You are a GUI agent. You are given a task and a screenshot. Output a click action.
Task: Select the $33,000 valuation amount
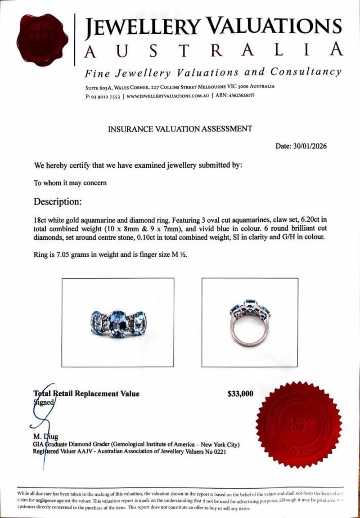(x=240, y=394)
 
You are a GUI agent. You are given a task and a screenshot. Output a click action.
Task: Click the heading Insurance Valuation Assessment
(x=180, y=129)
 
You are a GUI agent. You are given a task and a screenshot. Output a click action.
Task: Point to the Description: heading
(x=58, y=202)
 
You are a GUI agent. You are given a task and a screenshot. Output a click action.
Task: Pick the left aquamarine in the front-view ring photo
(x=97, y=322)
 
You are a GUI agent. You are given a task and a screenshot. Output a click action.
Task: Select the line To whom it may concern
(x=70, y=183)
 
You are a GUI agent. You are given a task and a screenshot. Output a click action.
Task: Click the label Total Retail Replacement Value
(x=86, y=394)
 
